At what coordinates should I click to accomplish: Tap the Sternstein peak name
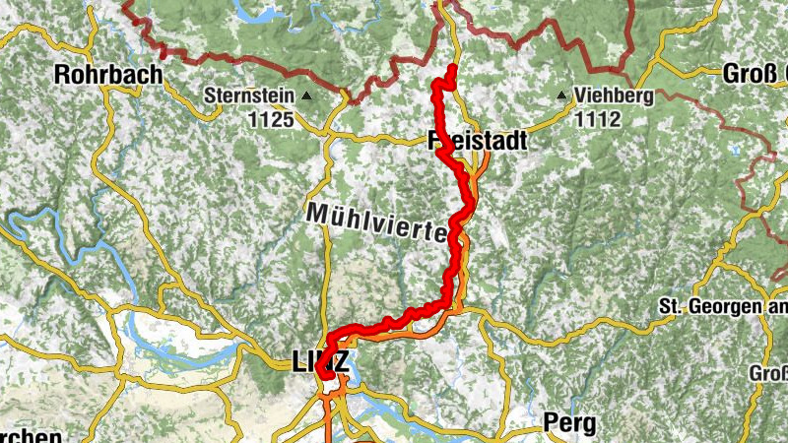[x=250, y=96]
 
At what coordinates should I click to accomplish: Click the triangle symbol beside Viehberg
[x=562, y=96]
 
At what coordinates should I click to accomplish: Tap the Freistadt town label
[x=479, y=143]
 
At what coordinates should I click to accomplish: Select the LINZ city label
[x=320, y=362]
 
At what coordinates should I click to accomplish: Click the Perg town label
[x=569, y=423]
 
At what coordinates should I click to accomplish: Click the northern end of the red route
[x=452, y=67]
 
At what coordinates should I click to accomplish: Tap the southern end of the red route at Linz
[x=321, y=372]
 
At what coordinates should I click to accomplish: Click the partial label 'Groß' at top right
[x=755, y=74]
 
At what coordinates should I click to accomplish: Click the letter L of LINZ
[x=299, y=362]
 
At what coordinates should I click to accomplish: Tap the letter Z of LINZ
[x=341, y=362]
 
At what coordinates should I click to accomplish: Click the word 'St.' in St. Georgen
[x=669, y=308]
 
